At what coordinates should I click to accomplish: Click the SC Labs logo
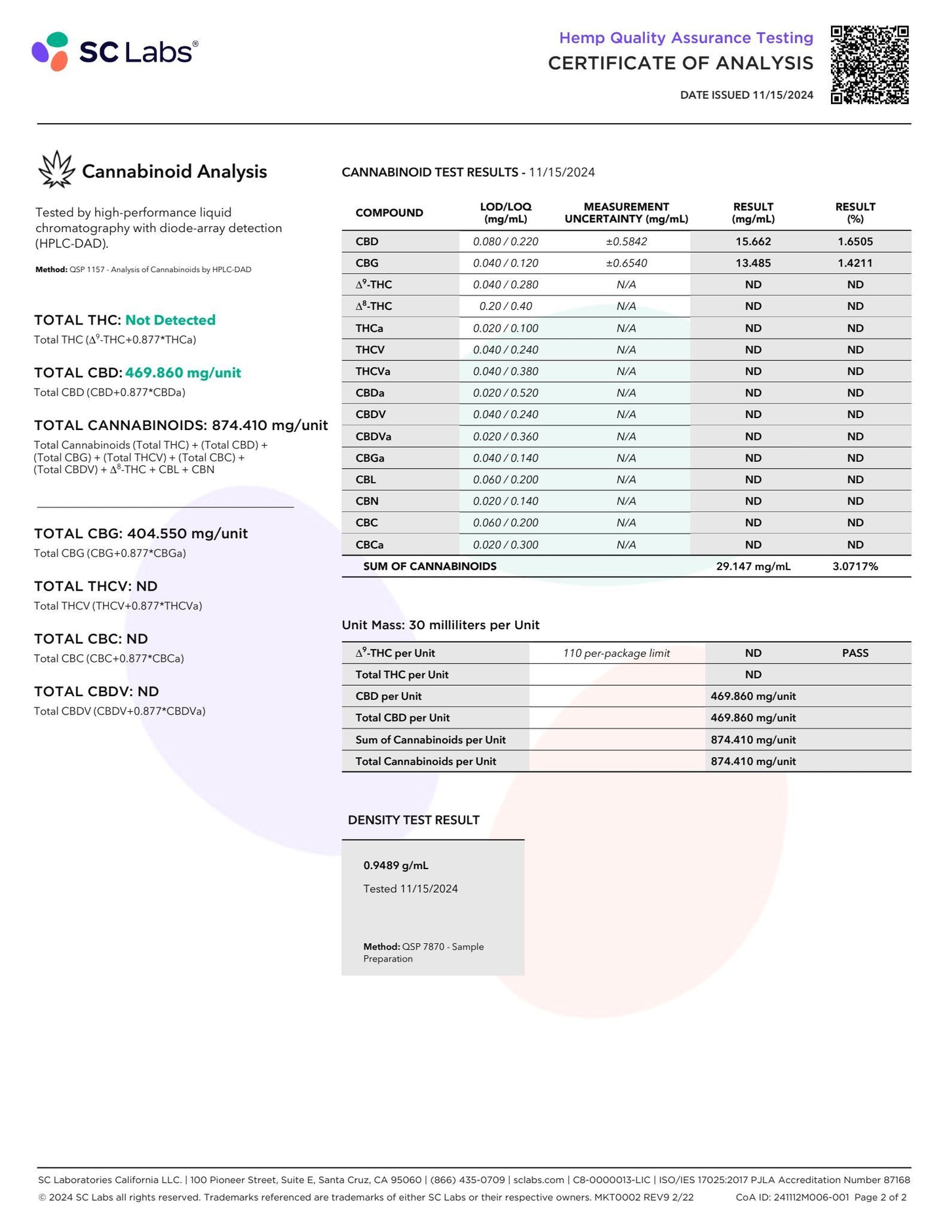[x=115, y=51]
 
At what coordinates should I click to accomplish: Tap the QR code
[x=869, y=65]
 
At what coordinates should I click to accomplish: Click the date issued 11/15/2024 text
[x=746, y=95]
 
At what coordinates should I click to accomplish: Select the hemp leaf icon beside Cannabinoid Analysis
[x=56, y=170]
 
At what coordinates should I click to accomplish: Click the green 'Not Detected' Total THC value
[x=170, y=320]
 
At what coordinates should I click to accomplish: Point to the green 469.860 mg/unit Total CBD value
[x=183, y=373]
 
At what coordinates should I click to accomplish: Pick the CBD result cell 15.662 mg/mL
[x=753, y=241]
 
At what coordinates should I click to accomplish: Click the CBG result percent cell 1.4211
[x=855, y=263]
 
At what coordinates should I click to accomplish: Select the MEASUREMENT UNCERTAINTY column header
[x=626, y=212]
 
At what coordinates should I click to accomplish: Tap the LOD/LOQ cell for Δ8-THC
[x=505, y=306]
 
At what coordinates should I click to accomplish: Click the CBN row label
[x=367, y=501]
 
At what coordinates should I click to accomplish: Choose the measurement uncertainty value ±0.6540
[x=626, y=263]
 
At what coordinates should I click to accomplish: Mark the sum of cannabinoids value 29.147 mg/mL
[x=753, y=566]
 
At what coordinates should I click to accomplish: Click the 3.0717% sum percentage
[x=855, y=566]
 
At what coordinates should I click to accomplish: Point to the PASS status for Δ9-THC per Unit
[x=855, y=653]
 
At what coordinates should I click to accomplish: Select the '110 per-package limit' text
[x=616, y=653]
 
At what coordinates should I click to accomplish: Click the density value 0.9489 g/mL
[x=396, y=865]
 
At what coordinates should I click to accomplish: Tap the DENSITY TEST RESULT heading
[x=414, y=820]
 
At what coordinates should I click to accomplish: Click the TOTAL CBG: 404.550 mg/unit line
[x=141, y=534]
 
